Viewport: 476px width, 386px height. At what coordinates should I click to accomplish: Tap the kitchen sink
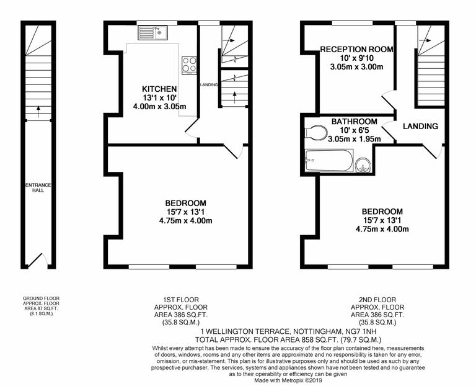pyautogui.click(x=152, y=32)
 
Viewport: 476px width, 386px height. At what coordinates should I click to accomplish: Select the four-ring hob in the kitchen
pyautogui.click(x=188, y=65)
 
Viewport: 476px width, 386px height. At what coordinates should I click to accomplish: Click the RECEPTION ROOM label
pyautogui.click(x=356, y=50)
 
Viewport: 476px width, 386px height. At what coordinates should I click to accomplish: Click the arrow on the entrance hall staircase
pyautogui.click(x=38, y=112)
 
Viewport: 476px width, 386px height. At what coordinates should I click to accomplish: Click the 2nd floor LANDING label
pyautogui.click(x=420, y=126)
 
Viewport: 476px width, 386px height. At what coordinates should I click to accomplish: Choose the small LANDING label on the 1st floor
pyautogui.click(x=208, y=84)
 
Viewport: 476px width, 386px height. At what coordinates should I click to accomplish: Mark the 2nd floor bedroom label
pyautogui.click(x=382, y=211)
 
